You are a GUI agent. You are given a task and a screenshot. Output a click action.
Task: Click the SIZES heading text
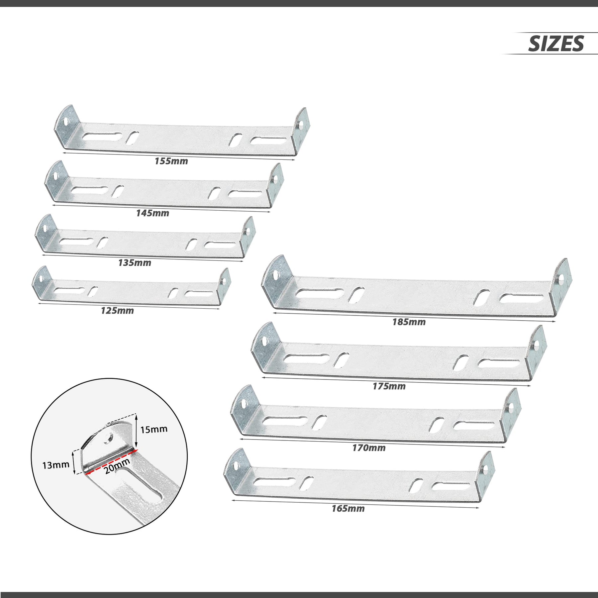(x=556, y=44)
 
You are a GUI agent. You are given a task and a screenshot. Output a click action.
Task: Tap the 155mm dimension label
(x=171, y=161)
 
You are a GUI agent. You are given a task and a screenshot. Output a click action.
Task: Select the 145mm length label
(x=152, y=213)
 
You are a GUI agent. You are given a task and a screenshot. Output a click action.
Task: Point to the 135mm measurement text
(x=135, y=263)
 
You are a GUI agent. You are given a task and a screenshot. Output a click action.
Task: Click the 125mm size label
(x=117, y=311)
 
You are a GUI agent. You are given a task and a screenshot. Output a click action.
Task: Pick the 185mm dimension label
(x=409, y=322)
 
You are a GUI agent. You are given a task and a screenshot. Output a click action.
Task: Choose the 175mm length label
(x=389, y=386)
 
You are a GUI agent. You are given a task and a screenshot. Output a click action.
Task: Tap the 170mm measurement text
(x=369, y=448)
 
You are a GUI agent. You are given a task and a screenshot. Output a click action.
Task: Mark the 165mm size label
(x=348, y=509)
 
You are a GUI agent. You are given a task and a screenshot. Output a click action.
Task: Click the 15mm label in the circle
(x=153, y=430)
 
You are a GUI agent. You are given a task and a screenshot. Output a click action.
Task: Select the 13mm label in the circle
(x=56, y=465)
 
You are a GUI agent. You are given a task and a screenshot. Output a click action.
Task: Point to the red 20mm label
(x=117, y=466)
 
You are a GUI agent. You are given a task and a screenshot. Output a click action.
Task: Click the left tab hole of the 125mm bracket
(x=41, y=278)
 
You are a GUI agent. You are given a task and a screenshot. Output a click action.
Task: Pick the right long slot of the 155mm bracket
(x=268, y=141)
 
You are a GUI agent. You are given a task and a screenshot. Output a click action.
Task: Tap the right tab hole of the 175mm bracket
(x=536, y=347)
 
